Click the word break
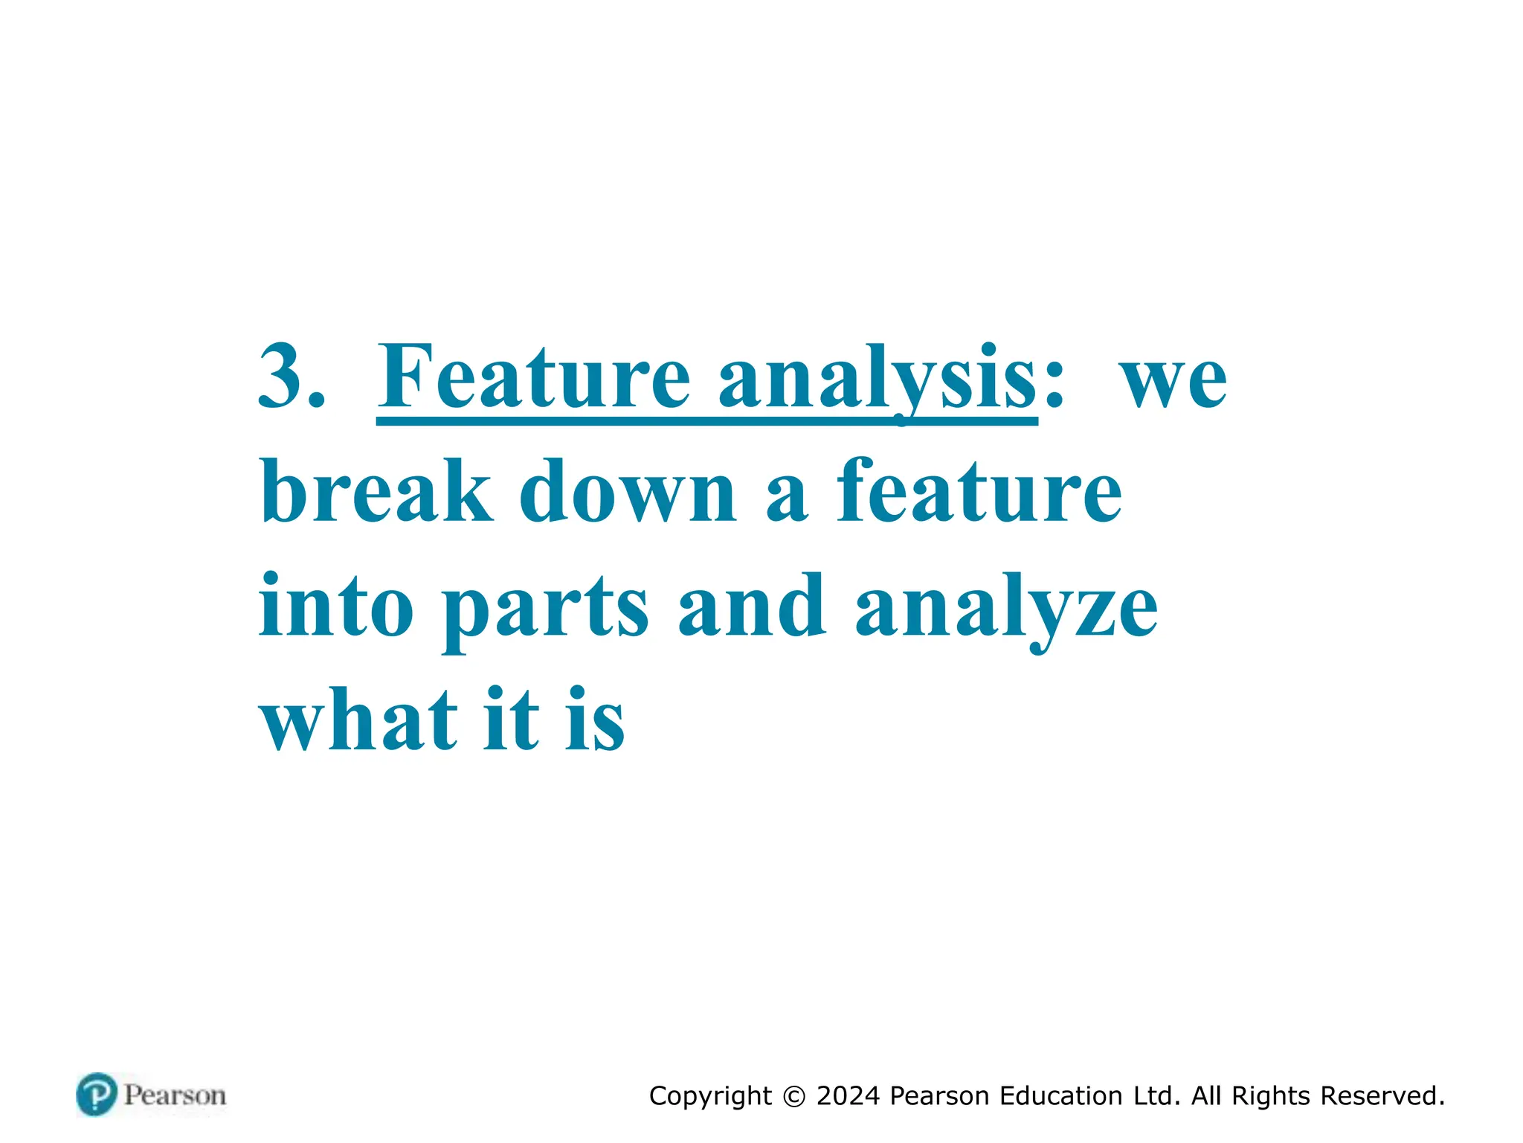coord(376,491)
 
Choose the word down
coord(628,491)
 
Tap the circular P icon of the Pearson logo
coord(97,1095)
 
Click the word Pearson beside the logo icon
coord(175,1095)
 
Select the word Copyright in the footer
coord(710,1096)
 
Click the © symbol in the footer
coord(794,1096)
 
